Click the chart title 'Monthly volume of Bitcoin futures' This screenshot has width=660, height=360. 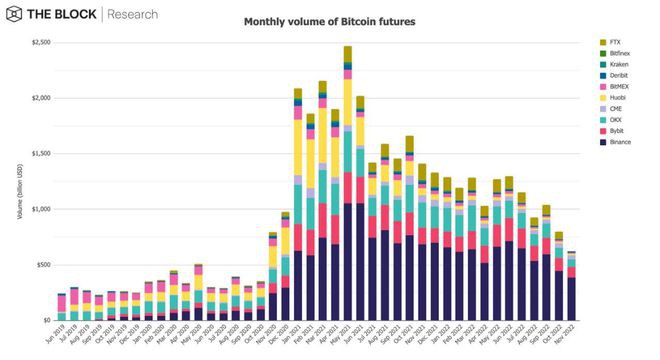[x=330, y=21]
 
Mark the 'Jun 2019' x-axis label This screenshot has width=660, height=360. [x=57, y=336]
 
